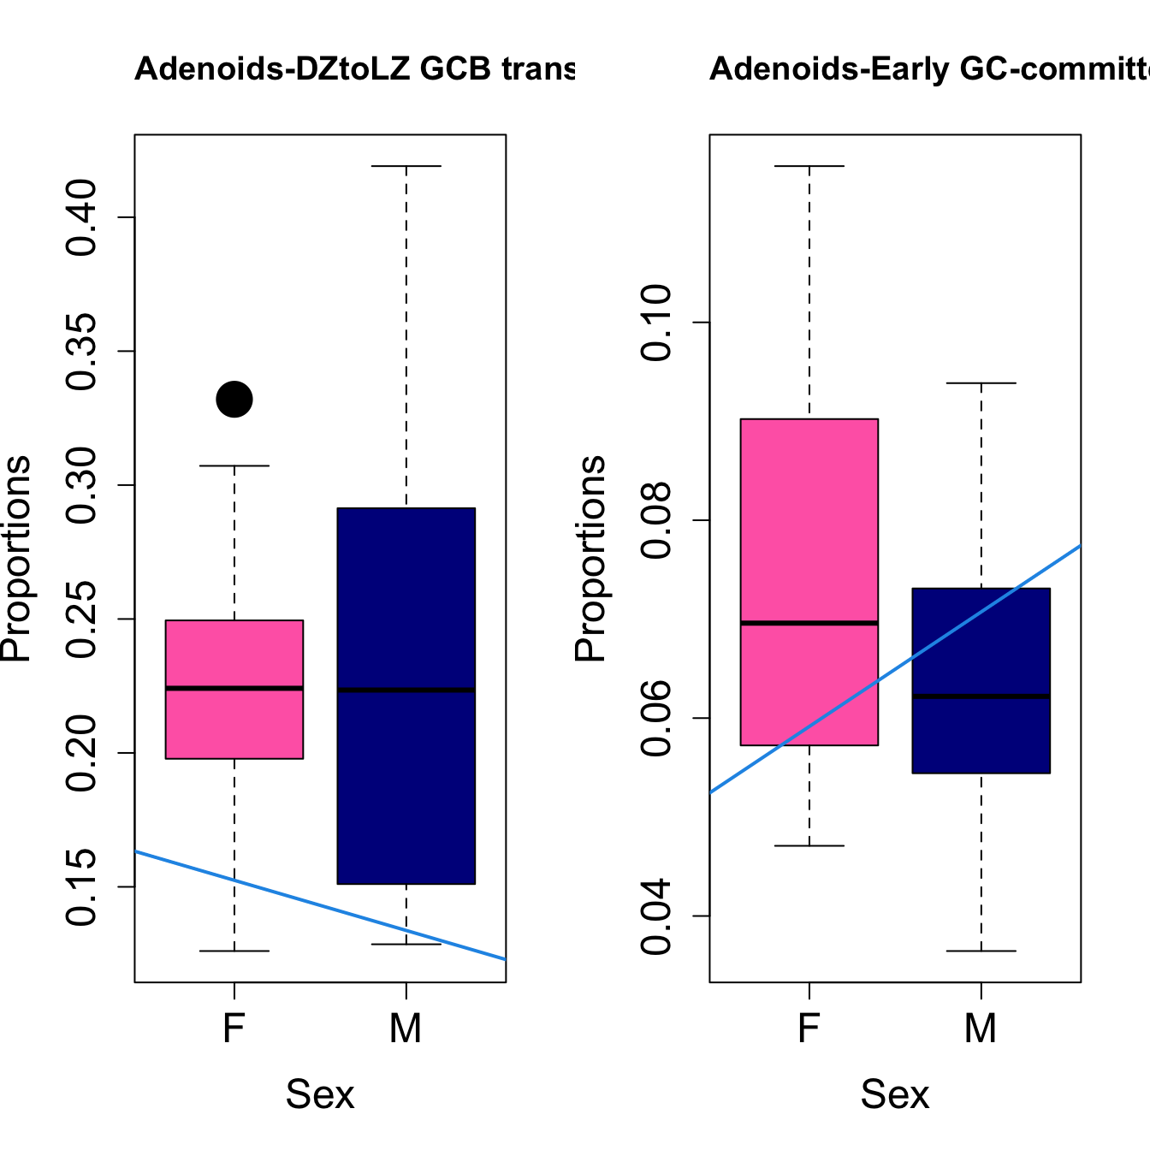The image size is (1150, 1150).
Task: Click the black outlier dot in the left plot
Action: [x=234, y=399]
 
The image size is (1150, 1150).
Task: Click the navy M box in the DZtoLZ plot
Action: [x=406, y=770]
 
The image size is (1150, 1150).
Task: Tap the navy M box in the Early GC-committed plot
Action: [x=981, y=736]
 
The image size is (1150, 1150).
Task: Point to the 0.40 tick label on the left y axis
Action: [x=83, y=217]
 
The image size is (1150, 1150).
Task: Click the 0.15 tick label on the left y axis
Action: [x=83, y=886]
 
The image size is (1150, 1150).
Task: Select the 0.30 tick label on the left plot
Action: [x=83, y=485]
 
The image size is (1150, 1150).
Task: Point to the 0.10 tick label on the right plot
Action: [x=658, y=323]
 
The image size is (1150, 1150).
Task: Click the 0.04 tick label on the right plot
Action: [x=658, y=916]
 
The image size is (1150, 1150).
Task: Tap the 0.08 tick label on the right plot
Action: [x=658, y=520]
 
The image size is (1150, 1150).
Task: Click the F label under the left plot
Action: [x=234, y=1028]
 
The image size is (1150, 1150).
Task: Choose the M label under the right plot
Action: [x=981, y=1028]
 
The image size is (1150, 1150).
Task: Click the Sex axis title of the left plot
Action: [x=319, y=1094]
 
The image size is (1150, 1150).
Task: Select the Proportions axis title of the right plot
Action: [x=590, y=558]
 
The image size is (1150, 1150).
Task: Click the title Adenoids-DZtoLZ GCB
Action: [x=354, y=68]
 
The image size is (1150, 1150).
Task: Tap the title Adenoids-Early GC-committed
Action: [x=928, y=68]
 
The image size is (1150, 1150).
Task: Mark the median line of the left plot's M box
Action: [x=406, y=690]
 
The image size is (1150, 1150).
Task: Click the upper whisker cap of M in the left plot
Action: [x=406, y=166]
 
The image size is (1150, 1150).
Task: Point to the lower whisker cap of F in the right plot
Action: [x=809, y=845]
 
